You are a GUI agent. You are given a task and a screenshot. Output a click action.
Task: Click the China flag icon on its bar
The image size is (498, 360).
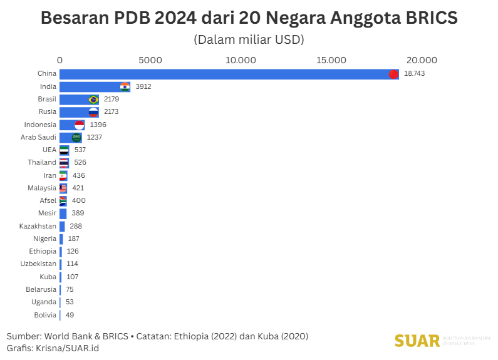(393, 74)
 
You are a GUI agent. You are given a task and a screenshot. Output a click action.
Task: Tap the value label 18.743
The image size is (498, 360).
(414, 74)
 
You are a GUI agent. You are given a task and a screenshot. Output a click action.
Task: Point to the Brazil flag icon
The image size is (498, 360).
(93, 100)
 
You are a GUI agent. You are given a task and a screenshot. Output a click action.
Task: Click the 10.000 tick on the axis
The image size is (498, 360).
(241, 61)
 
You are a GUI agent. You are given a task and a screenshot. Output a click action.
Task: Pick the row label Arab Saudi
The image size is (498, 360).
(39, 137)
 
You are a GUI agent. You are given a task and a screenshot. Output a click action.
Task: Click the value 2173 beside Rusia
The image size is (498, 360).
(111, 112)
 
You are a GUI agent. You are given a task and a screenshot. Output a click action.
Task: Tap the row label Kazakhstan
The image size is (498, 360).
(38, 226)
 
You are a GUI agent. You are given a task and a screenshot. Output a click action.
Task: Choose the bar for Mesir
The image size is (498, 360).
(63, 213)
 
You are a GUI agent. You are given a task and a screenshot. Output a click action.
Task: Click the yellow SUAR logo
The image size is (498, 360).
(417, 341)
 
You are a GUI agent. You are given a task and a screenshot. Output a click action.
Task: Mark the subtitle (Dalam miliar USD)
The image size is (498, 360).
(249, 40)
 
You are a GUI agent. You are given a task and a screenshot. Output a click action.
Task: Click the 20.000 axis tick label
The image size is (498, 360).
(421, 61)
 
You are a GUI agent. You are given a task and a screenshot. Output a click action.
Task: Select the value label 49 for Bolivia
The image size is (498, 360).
(70, 315)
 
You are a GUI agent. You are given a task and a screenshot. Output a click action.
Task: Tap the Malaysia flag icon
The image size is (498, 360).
(63, 188)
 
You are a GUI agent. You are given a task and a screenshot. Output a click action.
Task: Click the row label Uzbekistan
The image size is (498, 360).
(38, 264)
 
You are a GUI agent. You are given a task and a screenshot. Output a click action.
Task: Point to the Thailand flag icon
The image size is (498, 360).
(64, 163)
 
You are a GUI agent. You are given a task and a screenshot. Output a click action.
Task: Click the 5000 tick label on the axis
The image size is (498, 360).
(150, 61)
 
